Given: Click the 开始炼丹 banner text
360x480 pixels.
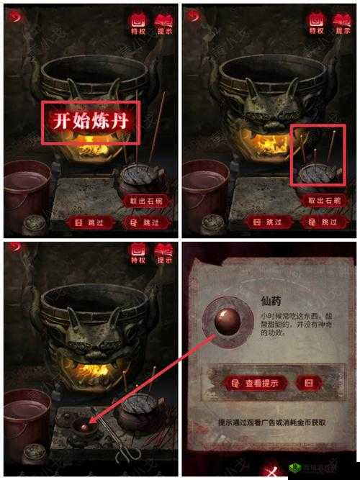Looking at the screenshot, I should (89, 121).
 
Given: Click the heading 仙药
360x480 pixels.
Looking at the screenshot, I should (271, 303).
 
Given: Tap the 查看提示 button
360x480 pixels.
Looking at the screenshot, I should (254, 383).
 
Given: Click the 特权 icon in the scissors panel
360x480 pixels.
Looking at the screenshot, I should (137, 254).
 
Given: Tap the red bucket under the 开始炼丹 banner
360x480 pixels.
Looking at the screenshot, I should (27, 189).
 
